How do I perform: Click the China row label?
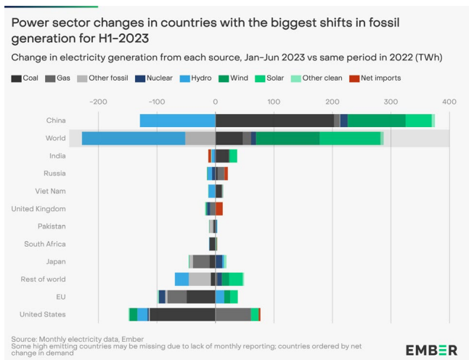point(55,120)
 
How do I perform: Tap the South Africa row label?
point(45,244)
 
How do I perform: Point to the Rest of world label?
point(43,279)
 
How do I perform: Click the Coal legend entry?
point(25,78)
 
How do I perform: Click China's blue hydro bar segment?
point(177,120)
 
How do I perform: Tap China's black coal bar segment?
point(274,120)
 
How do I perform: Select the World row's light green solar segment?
point(350,138)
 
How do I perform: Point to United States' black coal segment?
point(182,314)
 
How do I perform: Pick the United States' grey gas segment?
point(233,314)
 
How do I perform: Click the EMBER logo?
point(431,349)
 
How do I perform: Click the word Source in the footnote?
point(25,339)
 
